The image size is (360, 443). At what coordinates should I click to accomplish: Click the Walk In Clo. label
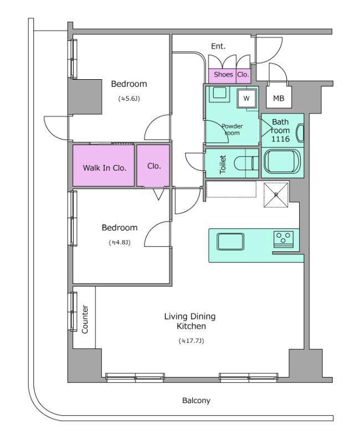point(105,168)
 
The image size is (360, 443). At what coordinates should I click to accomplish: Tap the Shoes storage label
point(223,74)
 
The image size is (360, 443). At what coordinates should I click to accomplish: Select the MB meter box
point(279,96)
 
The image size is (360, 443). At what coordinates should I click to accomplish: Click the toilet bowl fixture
point(246,163)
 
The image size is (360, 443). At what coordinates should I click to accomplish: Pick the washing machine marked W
point(246,99)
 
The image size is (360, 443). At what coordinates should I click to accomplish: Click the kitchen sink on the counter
point(230,241)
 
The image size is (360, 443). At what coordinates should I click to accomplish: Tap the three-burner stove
point(284,238)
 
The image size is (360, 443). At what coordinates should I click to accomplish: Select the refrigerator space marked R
point(276,195)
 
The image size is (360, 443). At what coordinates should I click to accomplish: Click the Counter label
point(85,319)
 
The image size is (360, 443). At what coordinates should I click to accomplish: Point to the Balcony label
point(196,400)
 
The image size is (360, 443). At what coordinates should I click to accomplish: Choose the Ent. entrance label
point(218,46)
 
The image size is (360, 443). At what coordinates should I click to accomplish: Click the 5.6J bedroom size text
point(129,99)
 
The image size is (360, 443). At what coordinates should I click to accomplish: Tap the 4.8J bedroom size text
point(120,243)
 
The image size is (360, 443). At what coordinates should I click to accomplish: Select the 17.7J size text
point(191,341)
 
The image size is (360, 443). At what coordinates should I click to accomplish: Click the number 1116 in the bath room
point(280,139)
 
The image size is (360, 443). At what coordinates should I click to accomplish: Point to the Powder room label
point(232,130)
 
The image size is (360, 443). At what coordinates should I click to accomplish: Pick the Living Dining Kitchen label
point(190,321)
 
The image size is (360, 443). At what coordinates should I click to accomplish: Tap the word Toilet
point(223,164)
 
